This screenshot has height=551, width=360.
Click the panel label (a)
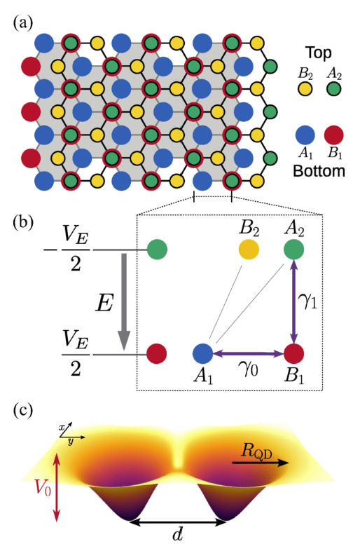[x=23, y=23]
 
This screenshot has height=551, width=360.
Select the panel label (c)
[x=23, y=411]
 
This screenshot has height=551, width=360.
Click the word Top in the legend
[x=319, y=53]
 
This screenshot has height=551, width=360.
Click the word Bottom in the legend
[x=319, y=171]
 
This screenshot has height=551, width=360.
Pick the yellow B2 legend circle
[x=305, y=88]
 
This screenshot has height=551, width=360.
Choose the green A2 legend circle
[x=333, y=88]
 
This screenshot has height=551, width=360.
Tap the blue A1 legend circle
[x=305, y=135]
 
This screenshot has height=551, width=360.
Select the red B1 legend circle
[x=333, y=135]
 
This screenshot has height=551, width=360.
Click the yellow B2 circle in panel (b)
[x=249, y=250]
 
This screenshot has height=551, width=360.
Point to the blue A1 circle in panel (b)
[x=203, y=353]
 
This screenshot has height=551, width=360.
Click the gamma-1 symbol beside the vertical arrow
[x=309, y=301]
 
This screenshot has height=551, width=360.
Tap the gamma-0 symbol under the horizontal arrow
[x=249, y=369]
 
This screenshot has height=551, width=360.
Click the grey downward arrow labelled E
[x=124, y=301]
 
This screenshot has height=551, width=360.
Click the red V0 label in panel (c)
[x=43, y=488]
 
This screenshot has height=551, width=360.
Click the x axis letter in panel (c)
[x=62, y=428]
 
